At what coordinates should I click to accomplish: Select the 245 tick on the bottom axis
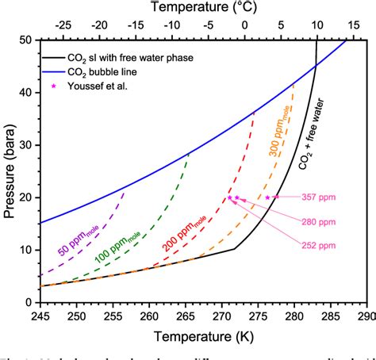click(x=39, y=316)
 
